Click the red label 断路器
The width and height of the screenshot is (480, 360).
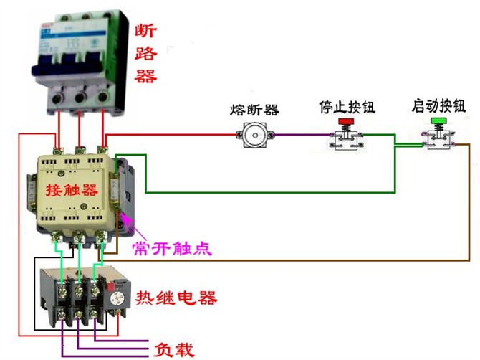click(x=146, y=53)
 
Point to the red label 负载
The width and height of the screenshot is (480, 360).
click(x=175, y=349)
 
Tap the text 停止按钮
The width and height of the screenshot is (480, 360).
click(x=347, y=108)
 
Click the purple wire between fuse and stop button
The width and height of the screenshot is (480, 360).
click(x=294, y=135)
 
